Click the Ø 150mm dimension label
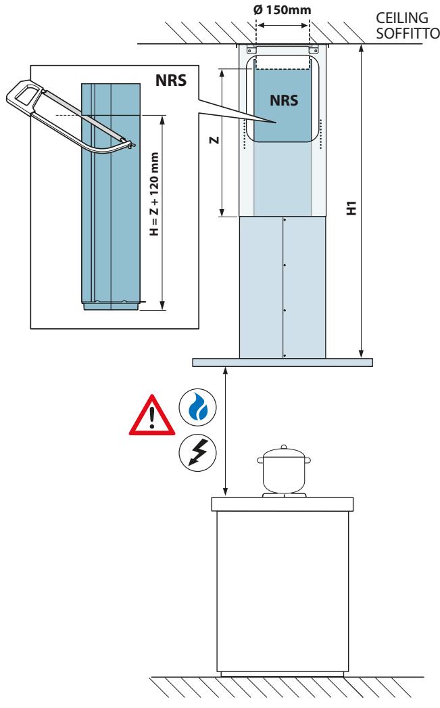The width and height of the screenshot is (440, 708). click(x=283, y=9)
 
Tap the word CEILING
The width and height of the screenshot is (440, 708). click(x=402, y=18)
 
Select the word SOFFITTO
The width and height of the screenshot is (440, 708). click(x=408, y=33)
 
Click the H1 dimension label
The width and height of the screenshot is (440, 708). click(x=351, y=208)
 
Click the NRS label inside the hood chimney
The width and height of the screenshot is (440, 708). click(x=284, y=100)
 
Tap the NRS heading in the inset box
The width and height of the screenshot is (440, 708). click(x=171, y=81)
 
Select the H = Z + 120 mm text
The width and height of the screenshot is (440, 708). click(x=154, y=194)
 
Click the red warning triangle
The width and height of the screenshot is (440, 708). click(x=152, y=416)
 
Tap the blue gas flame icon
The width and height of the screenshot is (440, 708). click(x=197, y=407)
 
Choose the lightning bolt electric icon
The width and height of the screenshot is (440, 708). click(x=197, y=452)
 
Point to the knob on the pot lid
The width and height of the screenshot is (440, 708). click(x=284, y=447)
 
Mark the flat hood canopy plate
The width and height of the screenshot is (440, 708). click(x=283, y=362)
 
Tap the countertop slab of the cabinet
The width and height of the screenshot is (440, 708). click(x=283, y=504)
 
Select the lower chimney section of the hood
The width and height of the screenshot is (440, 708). click(x=283, y=287)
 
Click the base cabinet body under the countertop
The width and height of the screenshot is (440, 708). click(x=283, y=592)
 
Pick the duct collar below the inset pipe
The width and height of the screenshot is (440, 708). click(x=110, y=307)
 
